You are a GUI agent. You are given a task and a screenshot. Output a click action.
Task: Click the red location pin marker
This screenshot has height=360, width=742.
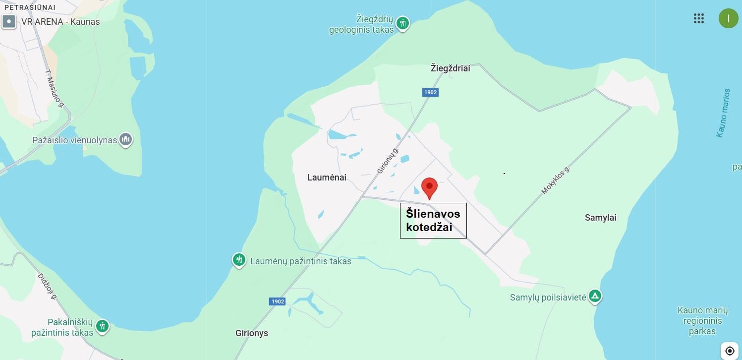(429, 187)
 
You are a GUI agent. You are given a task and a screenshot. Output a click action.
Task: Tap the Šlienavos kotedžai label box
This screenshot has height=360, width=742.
(433, 221)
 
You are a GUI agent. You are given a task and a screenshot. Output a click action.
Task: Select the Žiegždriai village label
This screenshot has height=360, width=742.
(450, 68)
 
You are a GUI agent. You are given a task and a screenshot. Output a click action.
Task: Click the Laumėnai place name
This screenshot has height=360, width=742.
(327, 178)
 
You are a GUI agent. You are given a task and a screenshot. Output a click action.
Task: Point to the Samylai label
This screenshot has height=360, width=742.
(600, 218)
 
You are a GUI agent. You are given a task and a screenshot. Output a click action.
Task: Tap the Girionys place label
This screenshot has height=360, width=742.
(252, 333)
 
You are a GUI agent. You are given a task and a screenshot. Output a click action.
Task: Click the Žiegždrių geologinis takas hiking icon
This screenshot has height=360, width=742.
(403, 23)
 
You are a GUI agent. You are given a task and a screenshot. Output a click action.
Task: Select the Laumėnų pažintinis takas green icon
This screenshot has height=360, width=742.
(239, 259)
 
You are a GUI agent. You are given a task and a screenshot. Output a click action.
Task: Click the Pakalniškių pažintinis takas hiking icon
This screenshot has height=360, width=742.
(103, 326)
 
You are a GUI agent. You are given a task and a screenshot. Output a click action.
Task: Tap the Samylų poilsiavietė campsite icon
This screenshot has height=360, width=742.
(595, 296)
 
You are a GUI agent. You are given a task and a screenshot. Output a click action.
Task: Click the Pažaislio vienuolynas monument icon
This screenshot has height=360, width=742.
(126, 139)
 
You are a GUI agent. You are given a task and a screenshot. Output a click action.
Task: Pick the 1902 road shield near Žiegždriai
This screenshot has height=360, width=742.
(430, 92)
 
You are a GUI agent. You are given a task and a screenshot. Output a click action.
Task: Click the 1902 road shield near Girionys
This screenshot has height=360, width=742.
(278, 301)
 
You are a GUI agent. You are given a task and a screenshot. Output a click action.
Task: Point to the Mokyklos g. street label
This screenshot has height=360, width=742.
(556, 180)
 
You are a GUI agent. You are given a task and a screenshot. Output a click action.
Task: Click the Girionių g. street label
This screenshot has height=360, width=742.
(388, 160)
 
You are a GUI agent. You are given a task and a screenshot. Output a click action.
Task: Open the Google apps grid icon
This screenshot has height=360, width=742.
(699, 19)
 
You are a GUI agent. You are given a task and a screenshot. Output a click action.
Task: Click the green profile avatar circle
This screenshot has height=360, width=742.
(728, 19)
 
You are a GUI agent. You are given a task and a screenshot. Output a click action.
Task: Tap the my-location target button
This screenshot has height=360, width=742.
(729, 350)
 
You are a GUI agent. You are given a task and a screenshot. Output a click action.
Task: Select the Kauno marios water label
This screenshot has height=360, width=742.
(723, 113)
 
